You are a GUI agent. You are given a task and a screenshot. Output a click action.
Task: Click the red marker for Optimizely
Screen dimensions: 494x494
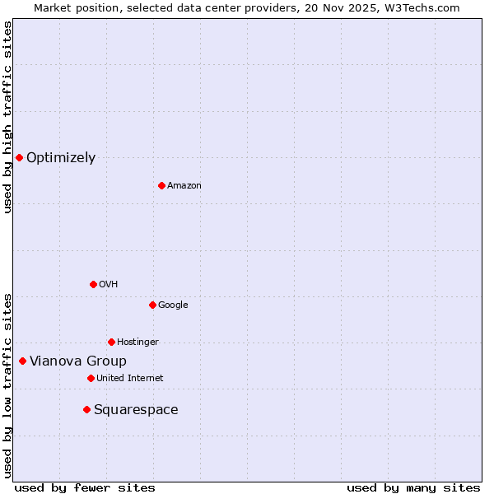click(x=19, y=157)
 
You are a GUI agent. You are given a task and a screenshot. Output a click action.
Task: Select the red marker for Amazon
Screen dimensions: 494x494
click(x=161, y=185)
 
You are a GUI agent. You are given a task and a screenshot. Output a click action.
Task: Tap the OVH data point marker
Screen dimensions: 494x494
click(x=93, y=284)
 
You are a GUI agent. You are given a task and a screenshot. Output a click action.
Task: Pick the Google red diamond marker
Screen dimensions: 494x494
click(x=152, y=305)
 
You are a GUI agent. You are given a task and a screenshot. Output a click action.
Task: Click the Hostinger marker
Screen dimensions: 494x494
click(x=111, y=342)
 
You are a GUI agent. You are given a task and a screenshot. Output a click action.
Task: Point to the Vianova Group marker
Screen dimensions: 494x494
click(x=22, y=361)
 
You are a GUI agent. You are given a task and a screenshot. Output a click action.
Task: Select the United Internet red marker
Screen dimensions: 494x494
click(x=91, y=378)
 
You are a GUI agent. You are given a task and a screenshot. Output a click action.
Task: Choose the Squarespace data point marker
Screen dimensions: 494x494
click(x=86, y=409)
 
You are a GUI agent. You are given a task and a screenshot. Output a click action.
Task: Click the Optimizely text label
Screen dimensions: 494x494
click(x=61, y=158)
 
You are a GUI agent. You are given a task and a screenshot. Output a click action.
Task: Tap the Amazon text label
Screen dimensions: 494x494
click(x=184, y=186)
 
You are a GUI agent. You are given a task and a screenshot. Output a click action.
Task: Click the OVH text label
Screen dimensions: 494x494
click(x=108, y=285)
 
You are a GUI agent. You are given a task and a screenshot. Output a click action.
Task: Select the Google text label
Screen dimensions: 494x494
click(x=173, y=305)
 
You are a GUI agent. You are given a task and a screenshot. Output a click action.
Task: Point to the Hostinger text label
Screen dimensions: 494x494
click(x=137, y=343)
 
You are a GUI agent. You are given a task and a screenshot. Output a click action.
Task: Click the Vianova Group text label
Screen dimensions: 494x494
click(x=78, y=361)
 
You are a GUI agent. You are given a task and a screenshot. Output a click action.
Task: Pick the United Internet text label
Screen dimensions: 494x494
click(x=129, y=379)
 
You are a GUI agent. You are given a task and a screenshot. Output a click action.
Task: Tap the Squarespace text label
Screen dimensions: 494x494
click(x=136, y=410)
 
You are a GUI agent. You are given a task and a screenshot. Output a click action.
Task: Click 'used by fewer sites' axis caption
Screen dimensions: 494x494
click(x=85, y=487)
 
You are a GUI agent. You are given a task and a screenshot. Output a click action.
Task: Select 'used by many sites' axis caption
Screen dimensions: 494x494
click(x=413, y=487)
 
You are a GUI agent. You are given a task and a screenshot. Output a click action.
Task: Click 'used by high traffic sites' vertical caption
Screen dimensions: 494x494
click(x=7, y=117)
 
